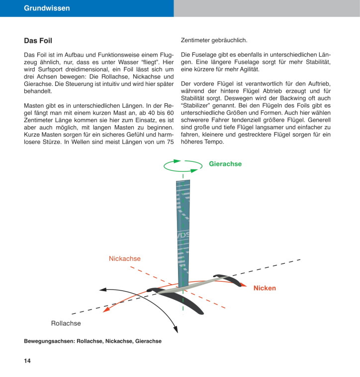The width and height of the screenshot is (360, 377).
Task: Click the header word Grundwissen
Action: (x=47, y=8)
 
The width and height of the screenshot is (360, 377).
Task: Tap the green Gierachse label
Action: (x=225, y=164)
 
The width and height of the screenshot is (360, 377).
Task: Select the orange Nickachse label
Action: (x=125, y=259)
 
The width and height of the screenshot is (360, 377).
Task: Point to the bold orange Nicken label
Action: (x=265, y=288)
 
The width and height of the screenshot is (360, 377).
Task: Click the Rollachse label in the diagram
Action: (x=66, y=323)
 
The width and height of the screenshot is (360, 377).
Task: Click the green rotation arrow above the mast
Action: (x=183, y=165)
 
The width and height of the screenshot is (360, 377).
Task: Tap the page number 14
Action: (x=27, y=361)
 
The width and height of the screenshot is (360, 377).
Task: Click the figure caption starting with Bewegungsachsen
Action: (x=92, y=341)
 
